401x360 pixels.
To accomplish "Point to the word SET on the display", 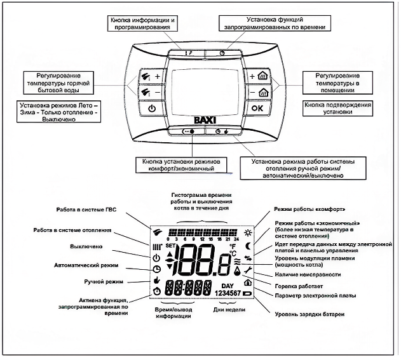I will pos(170,245).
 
